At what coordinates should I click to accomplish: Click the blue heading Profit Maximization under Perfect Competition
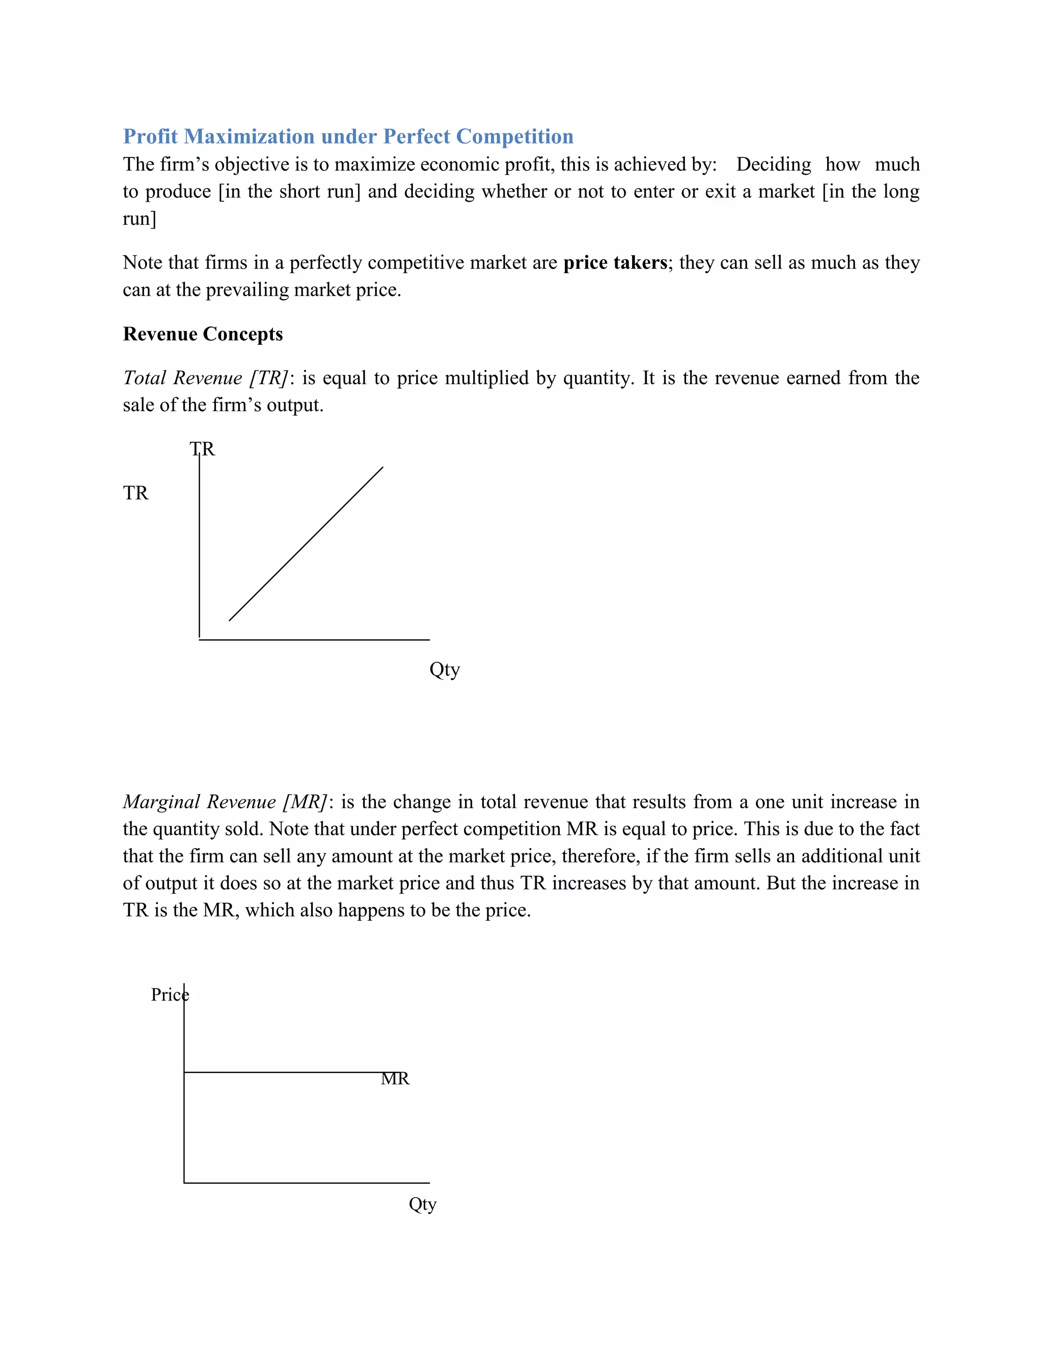point(348,136)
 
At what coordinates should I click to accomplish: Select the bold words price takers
point(615,263)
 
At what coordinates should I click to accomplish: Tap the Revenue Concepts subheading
point(203,334)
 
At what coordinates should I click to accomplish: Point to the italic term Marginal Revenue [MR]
point(225,802)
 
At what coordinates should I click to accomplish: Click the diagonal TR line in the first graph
point(306,544)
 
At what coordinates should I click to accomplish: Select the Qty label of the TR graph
point(444,669)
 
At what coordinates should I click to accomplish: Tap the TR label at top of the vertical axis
point(203,449)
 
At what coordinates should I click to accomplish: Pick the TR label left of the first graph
point(136,493)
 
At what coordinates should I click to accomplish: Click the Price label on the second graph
point(169,994)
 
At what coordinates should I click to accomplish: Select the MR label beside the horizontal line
point(395,1078)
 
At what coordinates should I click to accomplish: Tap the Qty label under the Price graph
point(423,1204)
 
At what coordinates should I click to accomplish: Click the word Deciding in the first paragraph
point(773,165)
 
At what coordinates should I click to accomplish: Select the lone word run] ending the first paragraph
point(140,219)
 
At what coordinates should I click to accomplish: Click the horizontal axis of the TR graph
point(314,640)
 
